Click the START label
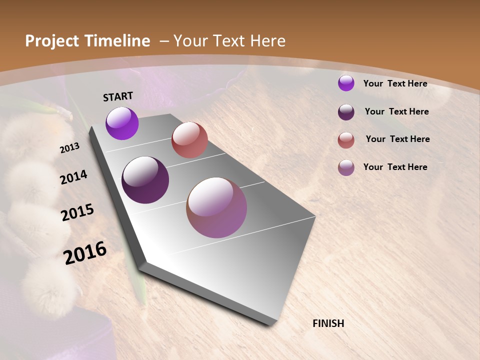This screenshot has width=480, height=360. tap(118, 96)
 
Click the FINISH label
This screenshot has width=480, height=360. tap(328, 323)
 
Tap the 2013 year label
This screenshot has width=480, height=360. tap(69, 148)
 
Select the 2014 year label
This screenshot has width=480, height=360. tap(74, 177)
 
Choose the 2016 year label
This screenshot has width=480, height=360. tap(85, 252)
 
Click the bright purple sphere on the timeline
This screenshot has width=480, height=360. tap(122, 123)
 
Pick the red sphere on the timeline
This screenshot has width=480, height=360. tap(189, 140)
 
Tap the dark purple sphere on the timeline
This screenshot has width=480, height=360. tap(145, 180)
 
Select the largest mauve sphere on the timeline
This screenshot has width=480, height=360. tap(216, 207)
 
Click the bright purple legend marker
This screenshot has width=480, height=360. tap(346, 83)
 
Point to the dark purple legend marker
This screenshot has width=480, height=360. tap(346, 112)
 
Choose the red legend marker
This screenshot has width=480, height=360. tap(346, 140)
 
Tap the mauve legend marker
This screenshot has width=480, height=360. tap(346, 167)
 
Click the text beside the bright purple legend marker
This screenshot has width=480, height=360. tap(395, 83)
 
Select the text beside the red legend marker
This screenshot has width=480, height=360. tap(397, 139)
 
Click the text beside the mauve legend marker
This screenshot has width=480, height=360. tap(395, 167)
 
